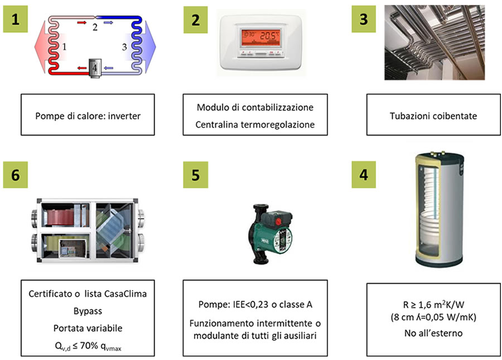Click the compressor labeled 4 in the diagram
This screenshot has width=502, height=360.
94,68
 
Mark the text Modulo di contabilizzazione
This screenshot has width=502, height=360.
255,107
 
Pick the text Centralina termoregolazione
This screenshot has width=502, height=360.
255,125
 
